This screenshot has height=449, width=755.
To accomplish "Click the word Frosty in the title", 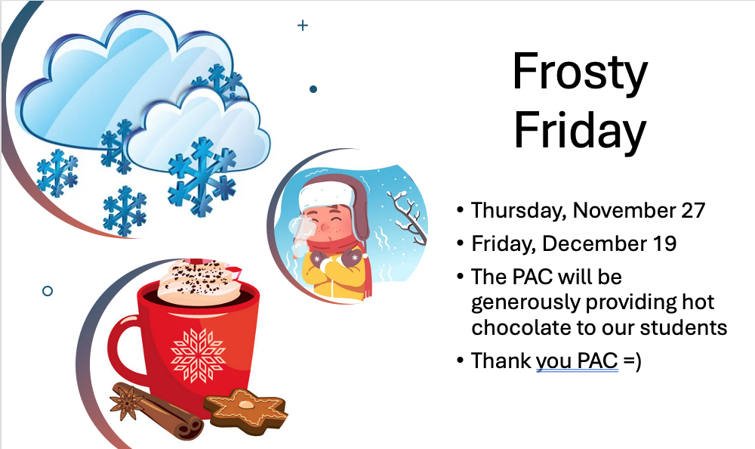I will (x=579, y=73).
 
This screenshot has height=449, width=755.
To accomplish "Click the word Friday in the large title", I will (x=579, y=129).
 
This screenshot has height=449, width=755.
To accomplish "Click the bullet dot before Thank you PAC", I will (x=460, y=361).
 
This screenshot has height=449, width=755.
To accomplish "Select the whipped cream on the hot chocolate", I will (x=198, y=281).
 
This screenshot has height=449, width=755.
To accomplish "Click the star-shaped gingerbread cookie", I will (x=245, y=407).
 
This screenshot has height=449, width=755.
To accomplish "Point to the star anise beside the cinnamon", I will (x=126, y=400).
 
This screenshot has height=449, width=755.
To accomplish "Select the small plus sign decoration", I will (x=303, y=26).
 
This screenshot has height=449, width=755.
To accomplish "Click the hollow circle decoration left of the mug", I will (x=48, y=290).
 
